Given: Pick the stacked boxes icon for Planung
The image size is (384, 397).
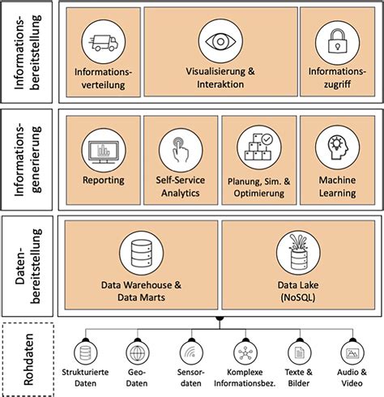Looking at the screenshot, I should point(258,147).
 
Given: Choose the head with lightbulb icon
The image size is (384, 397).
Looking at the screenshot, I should point(337,150).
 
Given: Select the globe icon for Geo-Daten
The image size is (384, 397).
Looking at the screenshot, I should point(135,353).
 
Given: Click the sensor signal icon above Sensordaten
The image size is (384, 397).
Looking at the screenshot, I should point(190,353).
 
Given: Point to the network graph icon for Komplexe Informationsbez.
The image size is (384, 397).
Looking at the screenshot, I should point(245,353).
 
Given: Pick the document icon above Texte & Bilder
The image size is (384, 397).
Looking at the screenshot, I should point(299,353).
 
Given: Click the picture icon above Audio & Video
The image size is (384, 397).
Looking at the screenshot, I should point(352,353).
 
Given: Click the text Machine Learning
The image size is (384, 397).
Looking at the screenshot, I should point(337,186).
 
